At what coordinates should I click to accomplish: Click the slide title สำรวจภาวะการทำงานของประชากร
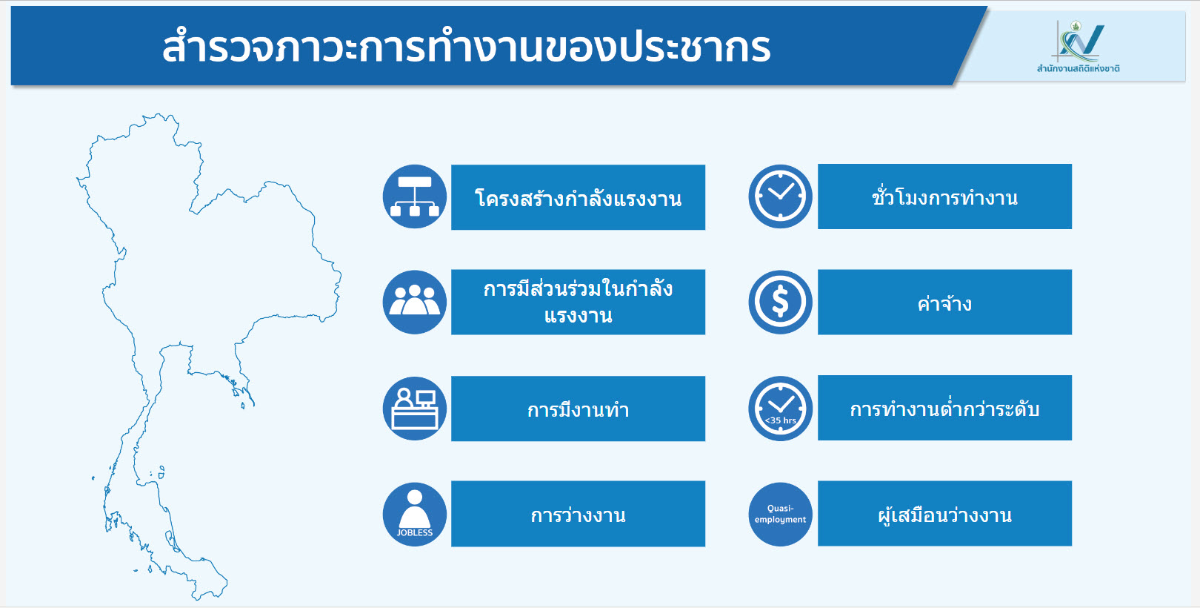(x=466, y=47)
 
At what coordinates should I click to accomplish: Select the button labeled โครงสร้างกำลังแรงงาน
(x=578, y=197)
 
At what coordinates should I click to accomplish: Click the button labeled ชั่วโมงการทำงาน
(x=944, y=196)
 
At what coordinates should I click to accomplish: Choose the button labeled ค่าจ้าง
(x=944, y=303)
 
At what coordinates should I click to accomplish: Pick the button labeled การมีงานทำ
(x=578, y=409)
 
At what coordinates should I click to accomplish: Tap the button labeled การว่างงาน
(x=578, y=514)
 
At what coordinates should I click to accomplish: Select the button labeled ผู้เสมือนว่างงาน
(x=944, y=514)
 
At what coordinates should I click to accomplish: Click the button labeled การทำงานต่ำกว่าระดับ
(x=944, y=408)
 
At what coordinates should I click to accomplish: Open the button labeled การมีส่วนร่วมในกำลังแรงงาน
(x=578, y=303)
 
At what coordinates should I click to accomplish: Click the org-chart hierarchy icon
(x=415, y=196)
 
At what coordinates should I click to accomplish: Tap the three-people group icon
(x=415, y=303)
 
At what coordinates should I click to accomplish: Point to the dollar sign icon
(x=781, y=303)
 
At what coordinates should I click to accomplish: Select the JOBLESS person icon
(x=415, y=514)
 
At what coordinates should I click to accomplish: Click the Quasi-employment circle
(x=781, y=514)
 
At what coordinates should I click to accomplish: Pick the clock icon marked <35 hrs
(x=781, y=409)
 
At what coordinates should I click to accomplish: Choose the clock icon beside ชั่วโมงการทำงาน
(x=781, y=196)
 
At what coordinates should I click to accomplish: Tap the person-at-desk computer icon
(x=415, y=409)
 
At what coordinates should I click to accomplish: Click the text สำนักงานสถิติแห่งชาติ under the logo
(x=1079, y=69)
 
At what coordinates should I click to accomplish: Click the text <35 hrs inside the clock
(x=781, y=421)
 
